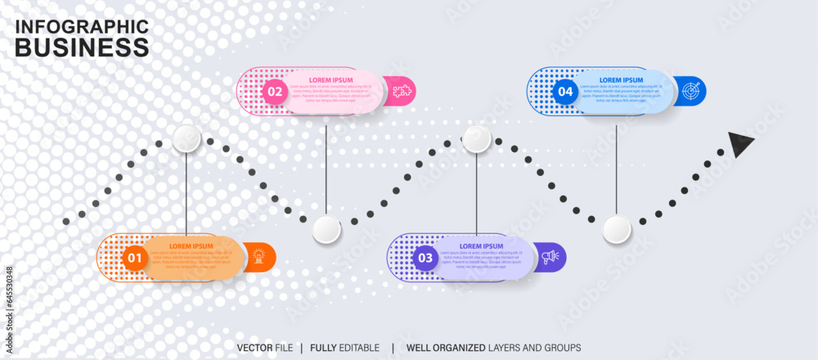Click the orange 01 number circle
[x=134, y=259]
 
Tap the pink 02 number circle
[x=275, y=92]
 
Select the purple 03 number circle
[x=425, y=259]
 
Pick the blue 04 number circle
[x=565, y=92]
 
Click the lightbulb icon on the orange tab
[x=259, y=257]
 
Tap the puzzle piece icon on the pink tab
[x=401, y=91]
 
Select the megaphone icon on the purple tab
[x=551, y=257]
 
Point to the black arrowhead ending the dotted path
[x=740, y=144]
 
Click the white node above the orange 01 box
[x=187, y=139]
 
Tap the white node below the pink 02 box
[x=326, y=230]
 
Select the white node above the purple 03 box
[x=477, y=139]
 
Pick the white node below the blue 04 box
[x=617, y=230]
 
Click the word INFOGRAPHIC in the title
[x=82, y=26]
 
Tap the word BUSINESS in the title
[x=82, y=47]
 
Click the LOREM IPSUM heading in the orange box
[x=191, y=246]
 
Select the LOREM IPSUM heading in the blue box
[x=622, y=80]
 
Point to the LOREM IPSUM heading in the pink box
[x=331, y=80]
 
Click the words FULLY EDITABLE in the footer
[x=344, y=348]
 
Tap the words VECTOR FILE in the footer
[x=265, y=348]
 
